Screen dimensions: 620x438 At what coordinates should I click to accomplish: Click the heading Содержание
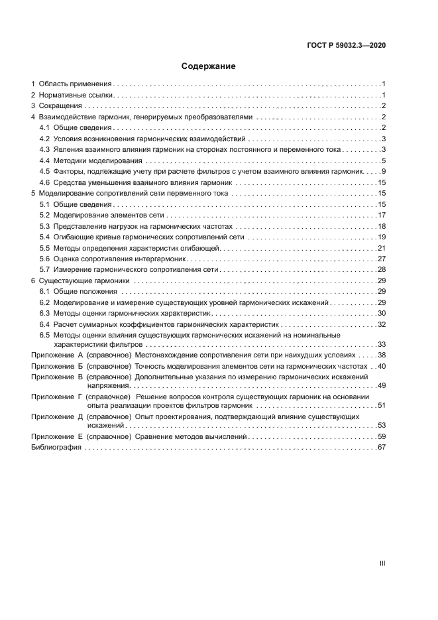coord(208,66)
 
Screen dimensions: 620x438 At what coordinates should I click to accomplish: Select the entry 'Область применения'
coord(75,84)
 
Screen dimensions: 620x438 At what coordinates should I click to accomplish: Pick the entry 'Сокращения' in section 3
coord(60,105)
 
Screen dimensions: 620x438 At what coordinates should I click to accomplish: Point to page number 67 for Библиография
coord(382,448)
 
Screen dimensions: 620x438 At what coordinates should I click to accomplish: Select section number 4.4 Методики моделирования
coord(44,160)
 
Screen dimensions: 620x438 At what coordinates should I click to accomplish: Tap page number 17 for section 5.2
coord(382,216)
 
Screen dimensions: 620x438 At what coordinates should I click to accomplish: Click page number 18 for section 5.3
coord(382,227)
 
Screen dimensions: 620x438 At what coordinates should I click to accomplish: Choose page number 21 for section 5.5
coord(382,248)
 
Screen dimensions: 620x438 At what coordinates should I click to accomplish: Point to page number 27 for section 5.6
coord(382,259)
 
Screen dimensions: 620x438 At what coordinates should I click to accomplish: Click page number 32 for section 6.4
coord(382,324)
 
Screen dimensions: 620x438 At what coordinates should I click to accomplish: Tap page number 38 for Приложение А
coord(382,355)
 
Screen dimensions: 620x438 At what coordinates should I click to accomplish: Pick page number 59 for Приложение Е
coord(382,437)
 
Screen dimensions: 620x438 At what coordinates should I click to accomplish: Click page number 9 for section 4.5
coord(384,172)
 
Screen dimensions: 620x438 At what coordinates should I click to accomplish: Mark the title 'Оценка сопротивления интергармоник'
coord(117,259)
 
